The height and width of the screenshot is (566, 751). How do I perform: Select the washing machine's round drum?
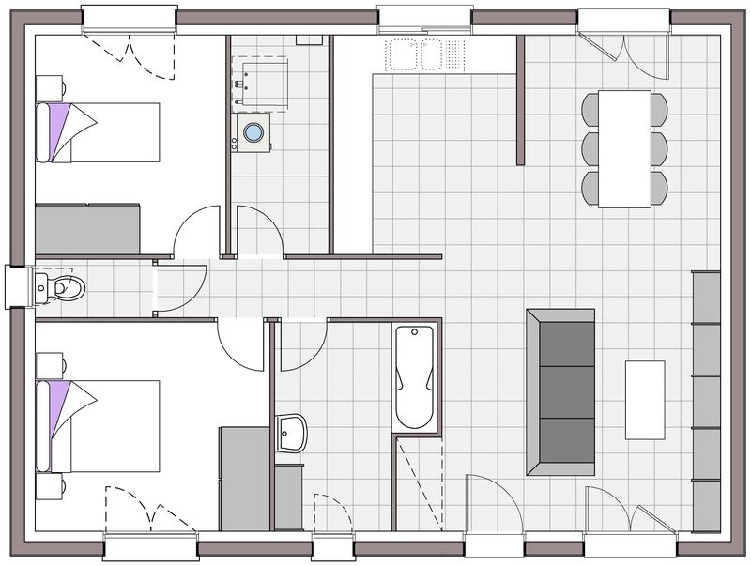tap(253, 132)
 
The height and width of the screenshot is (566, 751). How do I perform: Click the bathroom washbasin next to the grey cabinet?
tap(292, 434)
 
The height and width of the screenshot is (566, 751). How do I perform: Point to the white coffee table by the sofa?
tap(645, 400)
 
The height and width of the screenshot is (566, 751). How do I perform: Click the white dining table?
tap(625, 148)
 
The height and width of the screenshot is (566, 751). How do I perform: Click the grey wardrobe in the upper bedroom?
tap(87, 229)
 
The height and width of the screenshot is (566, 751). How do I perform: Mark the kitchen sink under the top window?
tap(413, 54)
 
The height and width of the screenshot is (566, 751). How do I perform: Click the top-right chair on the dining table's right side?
tap(660, 109)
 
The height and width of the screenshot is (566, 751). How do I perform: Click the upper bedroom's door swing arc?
tap(196, 234)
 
